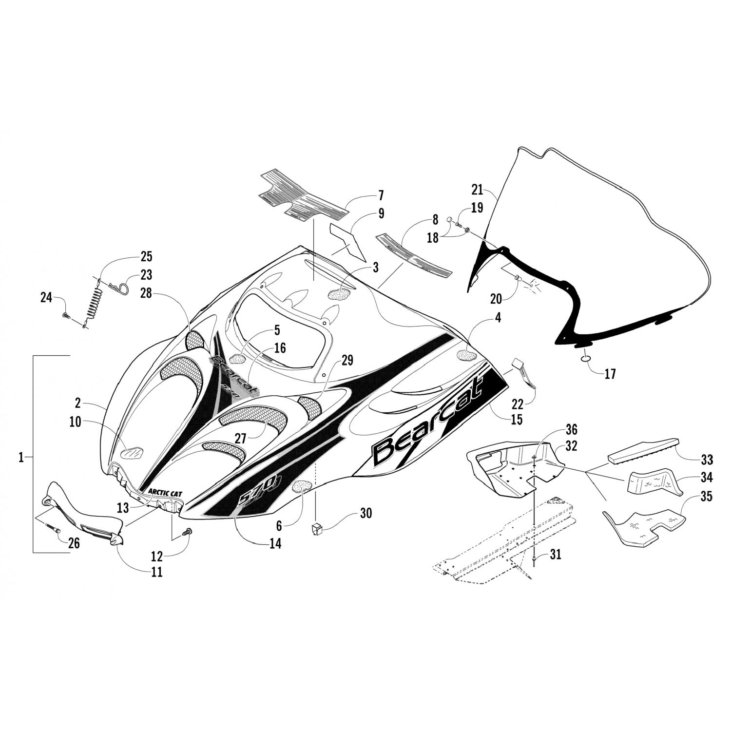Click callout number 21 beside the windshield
coord(477,189)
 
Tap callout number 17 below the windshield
coord(610,374)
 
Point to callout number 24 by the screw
coord(46,297)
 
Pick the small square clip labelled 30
coord(317,528)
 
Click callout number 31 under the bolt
coord(556,554)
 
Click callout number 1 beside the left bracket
coord(21,458)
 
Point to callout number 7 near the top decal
coord(381,196)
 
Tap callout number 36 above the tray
coord(571,429)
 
